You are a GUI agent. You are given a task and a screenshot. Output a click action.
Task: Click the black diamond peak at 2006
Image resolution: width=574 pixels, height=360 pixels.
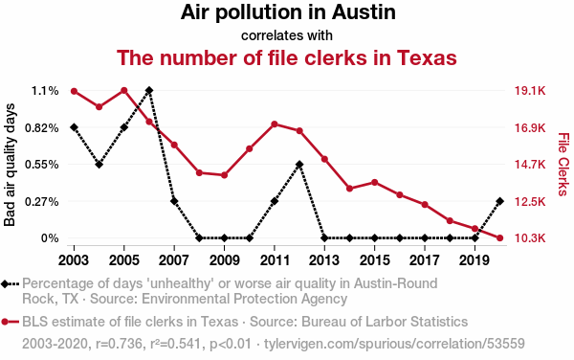pyautogui.click(x=149, y=90)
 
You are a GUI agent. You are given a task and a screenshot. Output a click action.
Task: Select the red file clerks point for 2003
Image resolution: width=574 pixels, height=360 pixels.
pyautogui.click(x=74, y=91)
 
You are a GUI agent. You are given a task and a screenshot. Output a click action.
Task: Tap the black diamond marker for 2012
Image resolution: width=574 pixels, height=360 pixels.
pyautogui.click(x=299, y=165)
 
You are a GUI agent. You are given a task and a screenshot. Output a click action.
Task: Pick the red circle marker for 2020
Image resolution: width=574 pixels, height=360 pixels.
pyautogui.click(x=499, y=238)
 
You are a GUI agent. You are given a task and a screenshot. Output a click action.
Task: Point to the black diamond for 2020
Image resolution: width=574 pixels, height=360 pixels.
pyautogui.click(x=499, y=201)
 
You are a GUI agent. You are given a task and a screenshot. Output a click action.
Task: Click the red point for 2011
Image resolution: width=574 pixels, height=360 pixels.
pyautogui.click(x=275, y=124)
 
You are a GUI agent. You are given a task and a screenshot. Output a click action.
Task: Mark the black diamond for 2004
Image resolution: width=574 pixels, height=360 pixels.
pyautogui.click(x=99, y=165)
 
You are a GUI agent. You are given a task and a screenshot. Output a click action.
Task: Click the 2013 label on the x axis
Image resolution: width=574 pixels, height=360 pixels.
pyautogui.click(x=324, y=260)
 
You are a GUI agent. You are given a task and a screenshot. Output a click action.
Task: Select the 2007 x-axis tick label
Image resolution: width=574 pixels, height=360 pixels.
pyautogui.click(x=174, y=260)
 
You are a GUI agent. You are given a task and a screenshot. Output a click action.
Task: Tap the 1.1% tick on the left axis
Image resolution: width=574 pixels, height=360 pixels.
pyautogui.click(x=45, y=91)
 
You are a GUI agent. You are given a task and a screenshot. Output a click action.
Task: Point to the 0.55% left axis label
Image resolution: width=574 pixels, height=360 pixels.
pyautogui.click(x=42, y=165)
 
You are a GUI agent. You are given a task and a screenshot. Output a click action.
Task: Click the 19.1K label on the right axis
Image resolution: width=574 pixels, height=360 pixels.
pyautogui.click(x=530, y=91)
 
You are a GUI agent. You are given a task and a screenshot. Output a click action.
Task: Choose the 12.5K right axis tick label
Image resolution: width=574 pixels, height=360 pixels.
pyautogui.click(x=530, y=201)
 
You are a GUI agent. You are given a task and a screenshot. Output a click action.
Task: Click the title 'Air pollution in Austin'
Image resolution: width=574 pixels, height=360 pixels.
pyautogui.click(x=288, y=12)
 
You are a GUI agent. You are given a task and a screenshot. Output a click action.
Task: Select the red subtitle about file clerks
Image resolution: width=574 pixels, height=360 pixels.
pyautogui.click(x=287, y=57)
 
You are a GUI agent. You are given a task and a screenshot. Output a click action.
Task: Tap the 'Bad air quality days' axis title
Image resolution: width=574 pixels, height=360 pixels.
pyautogui.click(x=10, y=165)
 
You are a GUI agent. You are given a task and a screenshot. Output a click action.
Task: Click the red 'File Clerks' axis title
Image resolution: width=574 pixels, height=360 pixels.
pyautogui.click(x=563, y=165)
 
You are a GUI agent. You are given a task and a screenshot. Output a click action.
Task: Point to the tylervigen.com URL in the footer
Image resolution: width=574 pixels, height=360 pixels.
pyautogui.click(x=394, y=344)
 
